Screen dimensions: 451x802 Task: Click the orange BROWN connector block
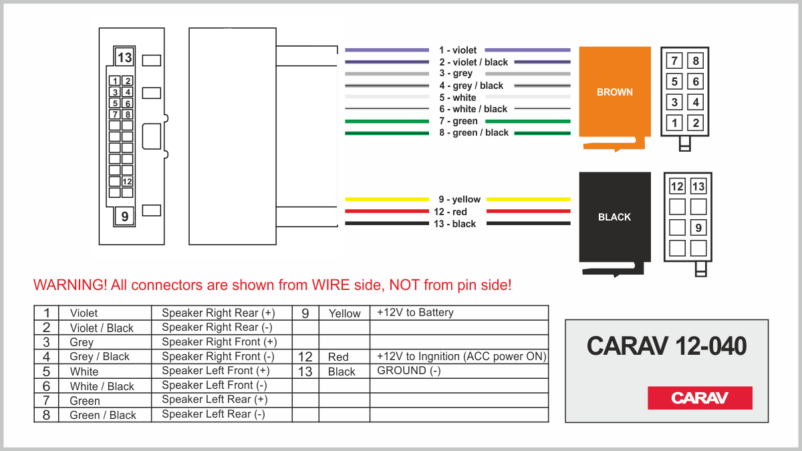pyautogui.click(x=614, y=92)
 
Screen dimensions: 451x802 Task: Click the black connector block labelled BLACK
pyautogui.click(x=614, y=217)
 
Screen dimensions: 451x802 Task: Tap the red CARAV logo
pyautogui.click(x=700, y=398)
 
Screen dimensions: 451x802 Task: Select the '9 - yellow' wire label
pyautogui.click(x=459, y=199)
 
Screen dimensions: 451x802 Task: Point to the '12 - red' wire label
pyautogui.click(x=450, y=212)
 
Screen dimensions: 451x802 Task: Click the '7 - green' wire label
pyautogui.click(x=458, y=121)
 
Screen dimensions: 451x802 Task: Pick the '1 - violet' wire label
pyautogui.click(x=458, y=50)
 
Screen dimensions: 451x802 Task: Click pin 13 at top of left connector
pyautogui.click(x=124, y=57)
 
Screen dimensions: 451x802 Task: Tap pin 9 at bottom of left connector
pyautogui.click(x=124, y=216)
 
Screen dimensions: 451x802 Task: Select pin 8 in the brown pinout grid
pyautogui.click(x=696, y=61)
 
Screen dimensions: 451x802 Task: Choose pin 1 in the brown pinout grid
pyautogui.click(x=675, y=123)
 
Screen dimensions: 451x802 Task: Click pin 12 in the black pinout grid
pyautogui.click(x=677, y=186)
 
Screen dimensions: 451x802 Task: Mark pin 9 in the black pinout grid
pyautogui.click(x=698, y=228)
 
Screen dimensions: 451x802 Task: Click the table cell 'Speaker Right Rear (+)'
pyautogui.click(x=218, y=313)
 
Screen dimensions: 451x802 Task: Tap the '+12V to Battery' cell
pyautogui.click(x=415, y=313)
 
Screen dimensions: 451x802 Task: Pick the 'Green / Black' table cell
pyautogui.click(x=103, y=415)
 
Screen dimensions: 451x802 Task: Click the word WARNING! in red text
pyautogui.click(x=70, y=285)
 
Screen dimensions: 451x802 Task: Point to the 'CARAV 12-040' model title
pyautogui.click(x=666, y=346)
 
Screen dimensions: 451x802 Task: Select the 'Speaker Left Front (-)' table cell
pyautogui.click(x=215, y=386)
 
